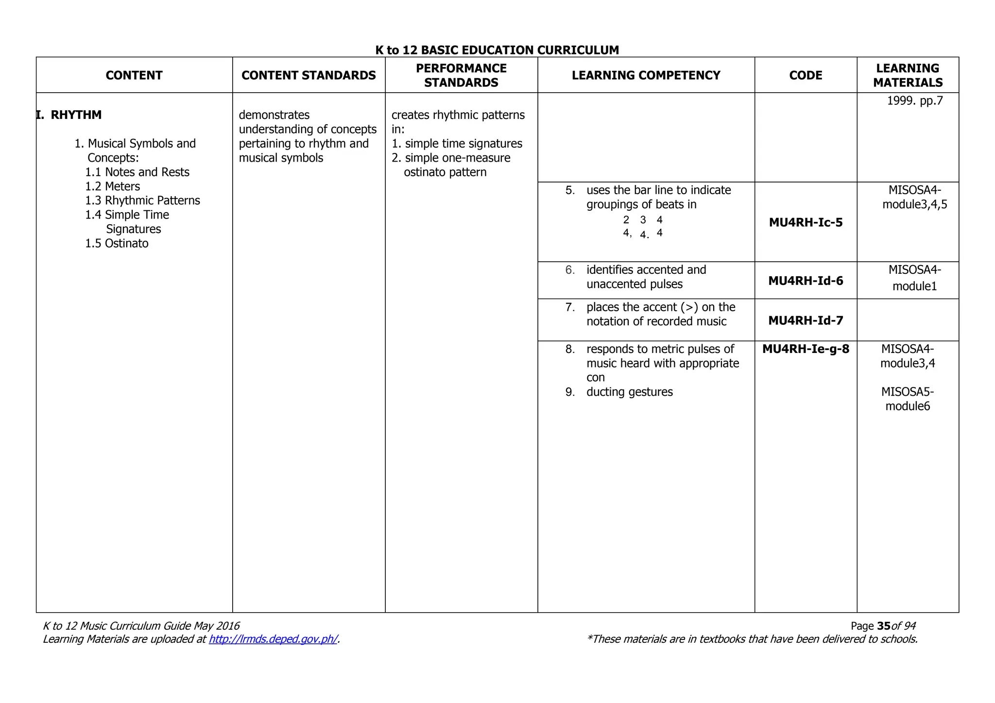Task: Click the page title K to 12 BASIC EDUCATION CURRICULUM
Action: pyautogui.click(x=497, y=50)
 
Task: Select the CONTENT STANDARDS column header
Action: pyautogui.click(x=309, y=75)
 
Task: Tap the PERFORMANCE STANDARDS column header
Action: pyautogui.click(x=461, y=75)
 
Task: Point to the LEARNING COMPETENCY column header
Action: pyautogui.click(x=646, y=75)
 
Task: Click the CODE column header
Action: pyautogui.click(x=806, y=75)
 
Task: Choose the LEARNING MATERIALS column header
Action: pyautogui.click(x=908, y=75)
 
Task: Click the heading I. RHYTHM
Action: pyautogui.click(x=69, y=115)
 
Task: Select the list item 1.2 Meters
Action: pyautogui.click(x=113, y=186)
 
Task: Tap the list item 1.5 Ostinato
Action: pyautogui.click(x=117, y=243)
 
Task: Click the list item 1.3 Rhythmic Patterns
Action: pyautogui.click(x=142, y=201)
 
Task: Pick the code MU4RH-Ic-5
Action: pyautogui.click(x=806, y=222)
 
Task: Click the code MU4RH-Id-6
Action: pyautogui.click(x=806, y=281)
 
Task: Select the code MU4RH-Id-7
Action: pyautogui.click(x=806, y=320)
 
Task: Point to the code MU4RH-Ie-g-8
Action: pyautogui.click(x=806, y=349)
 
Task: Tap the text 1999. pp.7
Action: pyautogui.click(x=914, y=100)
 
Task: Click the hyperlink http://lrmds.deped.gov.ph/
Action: pyautogui.click(x=273, y=639)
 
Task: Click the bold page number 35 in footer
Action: pyautogui.click(x=884, y=626)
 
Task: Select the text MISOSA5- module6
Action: pyautogui.click(x=908, y=399)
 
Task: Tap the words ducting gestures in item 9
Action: pyautogui.click(x=629, y=392)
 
